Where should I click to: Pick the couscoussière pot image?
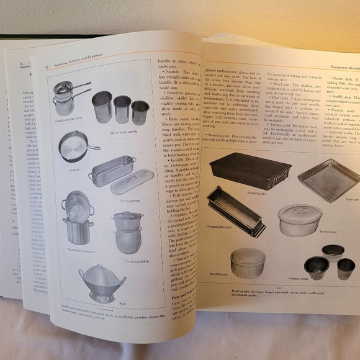128,232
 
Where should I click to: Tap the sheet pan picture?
330,179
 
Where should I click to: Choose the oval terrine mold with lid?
299,219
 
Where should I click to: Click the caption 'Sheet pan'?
351,200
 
